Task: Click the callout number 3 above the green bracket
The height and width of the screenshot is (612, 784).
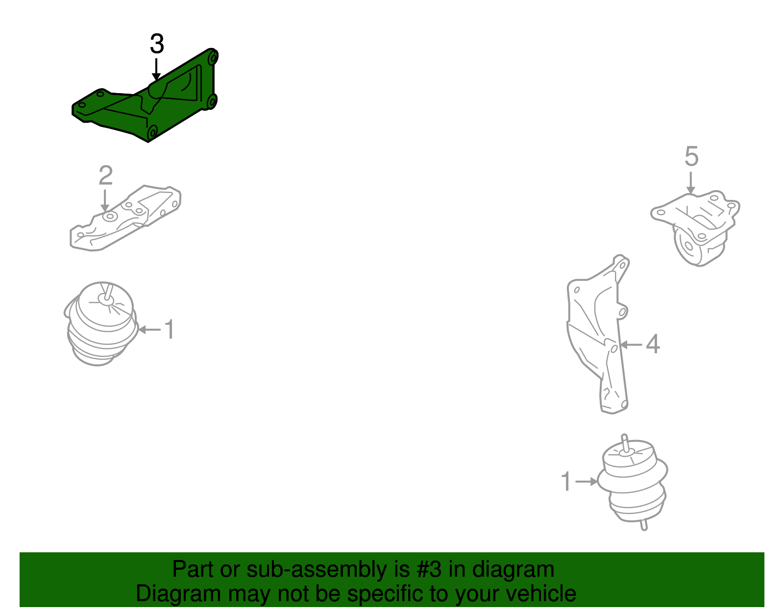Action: pyautogui.click(x=157, y=44)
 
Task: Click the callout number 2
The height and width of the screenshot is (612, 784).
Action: pyautogui.click(x=105, y=175)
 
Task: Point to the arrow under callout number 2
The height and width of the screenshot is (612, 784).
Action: pyautogui.click(x=104, y=201)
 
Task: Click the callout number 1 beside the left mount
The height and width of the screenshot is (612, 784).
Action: pyautogui.click(x=169, y=329)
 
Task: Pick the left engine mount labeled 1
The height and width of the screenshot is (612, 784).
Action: pyautogui.click(x=100, y=326)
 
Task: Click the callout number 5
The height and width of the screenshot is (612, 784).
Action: pyautogui.click(x=691, y=157)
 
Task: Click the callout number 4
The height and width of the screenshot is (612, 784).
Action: pyautogui.click(x=653, y=344)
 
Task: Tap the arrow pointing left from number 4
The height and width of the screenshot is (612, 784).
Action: pyautogui.click(x=631, y=345)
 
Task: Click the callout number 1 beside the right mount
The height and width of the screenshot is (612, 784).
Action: pyautogui.click(x=566, y=482)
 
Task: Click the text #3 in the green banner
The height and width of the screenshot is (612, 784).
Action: pyautogui.click(x=430, y=570)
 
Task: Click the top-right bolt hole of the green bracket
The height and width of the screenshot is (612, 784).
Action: pyautogui.click(x=212, y=57)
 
